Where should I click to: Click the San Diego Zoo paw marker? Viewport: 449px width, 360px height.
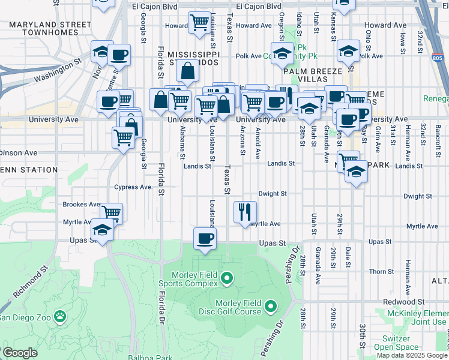[60, 316]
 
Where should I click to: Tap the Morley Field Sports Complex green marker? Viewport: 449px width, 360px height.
[226, 277]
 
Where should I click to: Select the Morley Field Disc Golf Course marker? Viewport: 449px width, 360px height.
[270, 307]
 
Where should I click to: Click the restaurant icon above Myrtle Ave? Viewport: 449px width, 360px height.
[245, 211]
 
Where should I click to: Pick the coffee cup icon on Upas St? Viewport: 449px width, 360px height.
[204, 239]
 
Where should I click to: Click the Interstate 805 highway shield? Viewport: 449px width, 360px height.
[438, 58]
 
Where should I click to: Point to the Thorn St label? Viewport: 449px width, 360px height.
[381, 272]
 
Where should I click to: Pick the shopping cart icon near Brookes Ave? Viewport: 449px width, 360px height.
[112, 212]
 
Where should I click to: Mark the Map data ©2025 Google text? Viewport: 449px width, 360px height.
[412, 355]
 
